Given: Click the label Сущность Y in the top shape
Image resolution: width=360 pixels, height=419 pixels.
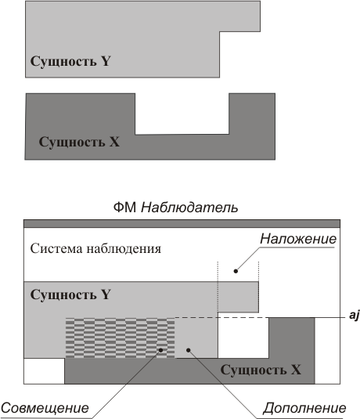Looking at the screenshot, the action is pyautogui.click(x=70, y=61).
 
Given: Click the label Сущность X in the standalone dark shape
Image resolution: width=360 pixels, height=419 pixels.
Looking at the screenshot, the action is pyautogui.click(x=79, y=142).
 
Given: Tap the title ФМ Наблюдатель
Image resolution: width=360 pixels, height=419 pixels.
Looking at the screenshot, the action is pyautogui.click(x=175, y=208).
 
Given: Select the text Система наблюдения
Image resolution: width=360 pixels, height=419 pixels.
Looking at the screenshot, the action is pyautogui.click(x=95, y=249).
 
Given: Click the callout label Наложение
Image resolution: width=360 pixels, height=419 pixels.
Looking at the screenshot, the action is pyautogui.click(x=298, y=239).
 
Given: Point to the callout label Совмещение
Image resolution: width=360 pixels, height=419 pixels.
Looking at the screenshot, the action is pyautogui.click(x=45, y=408).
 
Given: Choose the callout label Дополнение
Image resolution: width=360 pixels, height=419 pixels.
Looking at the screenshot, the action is pyautogui.click(x=304, y=408).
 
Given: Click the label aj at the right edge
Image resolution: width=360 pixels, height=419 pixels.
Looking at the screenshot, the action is pyautogui.click(x=355, y=316).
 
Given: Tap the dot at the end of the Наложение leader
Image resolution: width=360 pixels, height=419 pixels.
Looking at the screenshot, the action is pyautogui.click(x=236, y=271).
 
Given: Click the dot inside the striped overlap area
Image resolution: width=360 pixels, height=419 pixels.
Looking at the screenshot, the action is pyautogui.click(x=160, y=350).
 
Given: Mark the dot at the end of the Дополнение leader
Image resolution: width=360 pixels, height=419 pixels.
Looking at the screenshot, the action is pyautogui.click(x=189, y=350).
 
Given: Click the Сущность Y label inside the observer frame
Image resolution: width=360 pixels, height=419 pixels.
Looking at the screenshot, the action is pyautogui.click(x=70, y=294).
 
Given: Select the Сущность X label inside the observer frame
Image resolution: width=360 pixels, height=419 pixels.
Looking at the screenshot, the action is pyautogui.click(x=261, y=370).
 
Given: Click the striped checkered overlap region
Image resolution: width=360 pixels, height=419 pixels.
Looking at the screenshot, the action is pyautogui.click(x=121, y=338).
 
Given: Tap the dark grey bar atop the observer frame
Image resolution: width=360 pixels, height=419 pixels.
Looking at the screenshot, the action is pyautogui.click(x=182, y=224).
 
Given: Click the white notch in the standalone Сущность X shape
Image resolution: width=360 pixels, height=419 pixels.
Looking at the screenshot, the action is pyautogui.click(x=182, y=114).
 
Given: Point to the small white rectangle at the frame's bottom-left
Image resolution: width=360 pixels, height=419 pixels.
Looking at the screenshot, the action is pyautogui.click(x=45, y=371).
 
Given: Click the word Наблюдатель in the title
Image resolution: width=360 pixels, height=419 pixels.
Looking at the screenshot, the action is pyautogui.click(x=189, y=208).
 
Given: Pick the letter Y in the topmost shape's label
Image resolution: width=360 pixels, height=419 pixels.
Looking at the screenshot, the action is pyautogui.click(x=106, y=61).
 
